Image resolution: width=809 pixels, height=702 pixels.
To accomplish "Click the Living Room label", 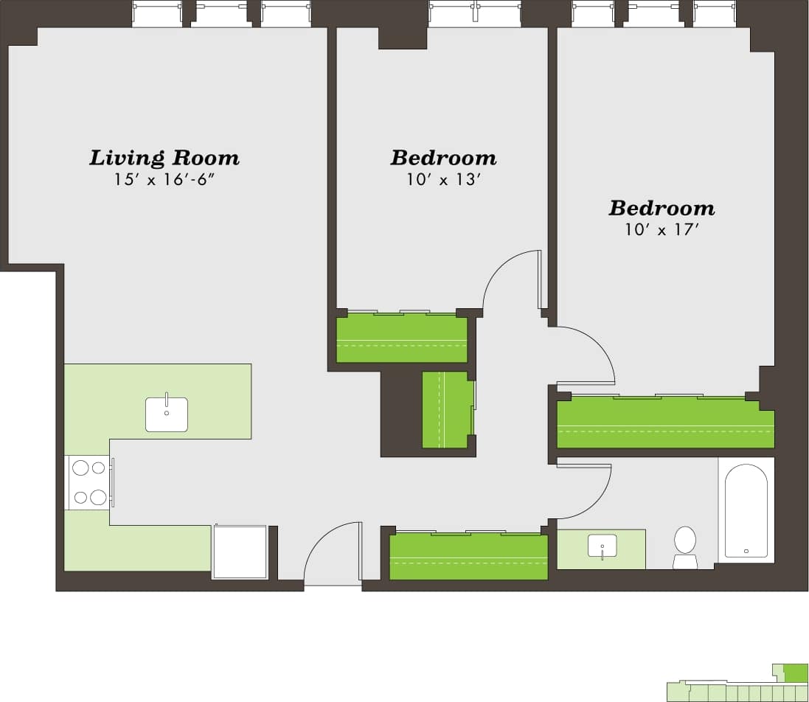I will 164,158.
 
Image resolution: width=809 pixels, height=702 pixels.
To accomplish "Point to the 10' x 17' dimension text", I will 661,230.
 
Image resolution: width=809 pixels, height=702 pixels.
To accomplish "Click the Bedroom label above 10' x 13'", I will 443,158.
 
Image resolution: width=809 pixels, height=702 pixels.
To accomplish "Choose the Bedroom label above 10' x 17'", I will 661,208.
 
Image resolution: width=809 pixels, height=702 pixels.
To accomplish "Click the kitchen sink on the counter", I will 167,414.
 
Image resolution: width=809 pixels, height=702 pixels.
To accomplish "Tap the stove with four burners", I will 89,483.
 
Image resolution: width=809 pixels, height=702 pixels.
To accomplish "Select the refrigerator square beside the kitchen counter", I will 240,552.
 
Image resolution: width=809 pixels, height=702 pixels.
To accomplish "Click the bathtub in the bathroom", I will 746,511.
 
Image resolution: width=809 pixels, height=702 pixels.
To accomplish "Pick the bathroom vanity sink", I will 602,547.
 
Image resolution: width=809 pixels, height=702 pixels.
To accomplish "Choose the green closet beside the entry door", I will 468,557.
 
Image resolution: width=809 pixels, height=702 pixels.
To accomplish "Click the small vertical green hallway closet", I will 445,410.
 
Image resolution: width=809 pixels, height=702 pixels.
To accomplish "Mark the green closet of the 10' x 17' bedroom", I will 665,423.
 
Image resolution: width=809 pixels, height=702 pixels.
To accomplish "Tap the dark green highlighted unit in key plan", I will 795,673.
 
